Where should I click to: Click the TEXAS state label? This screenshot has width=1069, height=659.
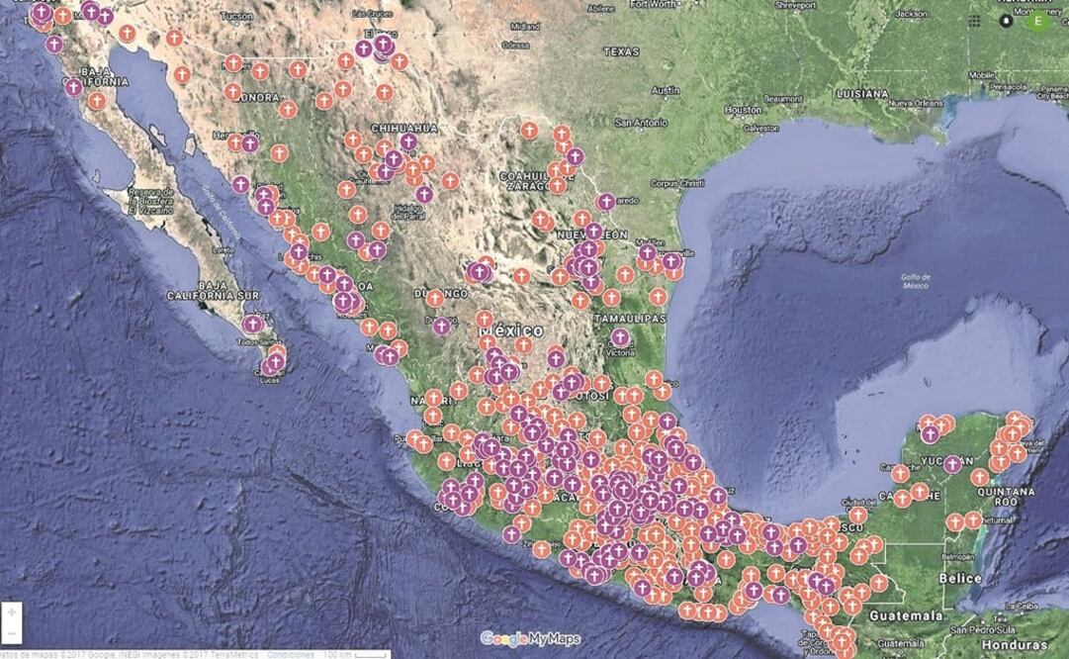coord(621,51)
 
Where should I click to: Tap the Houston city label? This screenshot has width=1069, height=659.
coord(743,109)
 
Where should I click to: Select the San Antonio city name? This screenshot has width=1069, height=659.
coord(642,123)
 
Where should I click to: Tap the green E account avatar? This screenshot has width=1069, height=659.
coord(1037,20)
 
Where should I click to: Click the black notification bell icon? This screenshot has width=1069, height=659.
coord(1007,20)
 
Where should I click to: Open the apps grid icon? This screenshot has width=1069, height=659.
coord(975,20)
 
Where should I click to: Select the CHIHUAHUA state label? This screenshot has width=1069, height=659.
coord(403,129)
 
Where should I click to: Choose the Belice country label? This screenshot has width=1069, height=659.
coord(960,578)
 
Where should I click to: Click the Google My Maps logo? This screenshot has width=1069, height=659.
coord(530,638)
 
